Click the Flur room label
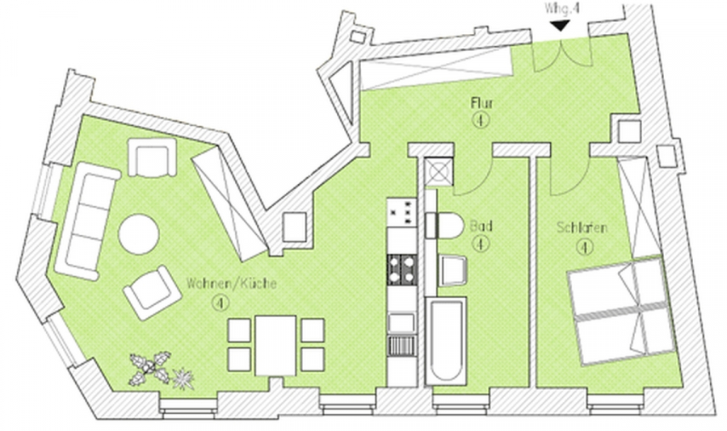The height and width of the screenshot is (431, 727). click(481, 103)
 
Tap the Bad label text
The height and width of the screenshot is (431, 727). click(481, 226)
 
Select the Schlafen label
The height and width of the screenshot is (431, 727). click(582, 228)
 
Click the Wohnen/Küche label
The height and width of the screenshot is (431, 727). click(231, 283)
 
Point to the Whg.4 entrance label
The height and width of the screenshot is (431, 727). click(562, 9)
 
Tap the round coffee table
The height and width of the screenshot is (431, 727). click(139, 234)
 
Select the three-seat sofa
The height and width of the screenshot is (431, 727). click(87, 221)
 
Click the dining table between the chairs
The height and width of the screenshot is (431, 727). click(275, 345)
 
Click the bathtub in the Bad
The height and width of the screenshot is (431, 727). click(446, 341)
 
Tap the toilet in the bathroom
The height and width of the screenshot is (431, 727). click(444, 226)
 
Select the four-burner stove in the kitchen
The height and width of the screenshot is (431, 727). click(402, 270)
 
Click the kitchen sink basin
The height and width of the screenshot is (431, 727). click(401, 323)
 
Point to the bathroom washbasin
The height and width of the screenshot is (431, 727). click(452, 270)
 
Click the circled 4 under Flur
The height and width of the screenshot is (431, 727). click(481, 120)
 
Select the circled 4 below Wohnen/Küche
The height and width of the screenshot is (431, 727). click(221, 303)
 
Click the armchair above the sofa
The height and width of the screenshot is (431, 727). click(152, 157)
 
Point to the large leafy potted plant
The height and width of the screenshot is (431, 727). click(150, 368)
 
